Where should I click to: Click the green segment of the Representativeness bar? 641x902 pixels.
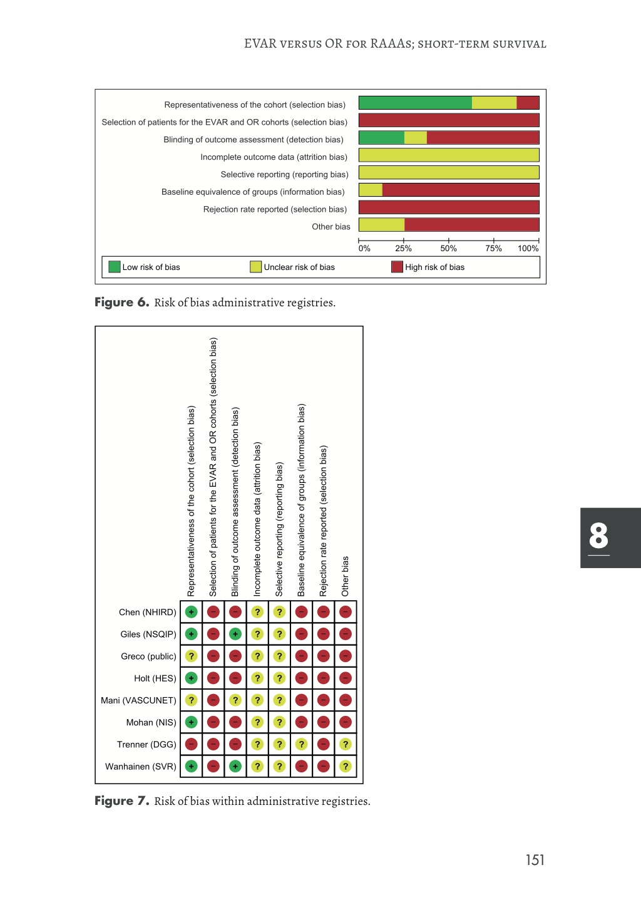tap(414, 103)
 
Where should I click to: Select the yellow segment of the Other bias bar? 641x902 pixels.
tap(381, 224)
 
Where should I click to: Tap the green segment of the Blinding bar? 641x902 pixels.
tap(381, 138)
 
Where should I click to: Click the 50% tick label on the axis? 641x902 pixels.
tap(448, 249)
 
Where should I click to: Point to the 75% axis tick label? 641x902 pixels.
tap(493, 249)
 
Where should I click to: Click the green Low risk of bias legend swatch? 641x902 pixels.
tap(115, 267)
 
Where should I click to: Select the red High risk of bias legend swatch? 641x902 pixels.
tap(397, 267)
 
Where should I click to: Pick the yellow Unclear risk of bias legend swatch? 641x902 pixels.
tap(255, 267)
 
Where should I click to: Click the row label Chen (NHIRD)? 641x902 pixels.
tap(148, 612)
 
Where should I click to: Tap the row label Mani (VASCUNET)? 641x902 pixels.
tap(138, 700)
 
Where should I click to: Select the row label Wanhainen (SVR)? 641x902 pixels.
tap(141, 766)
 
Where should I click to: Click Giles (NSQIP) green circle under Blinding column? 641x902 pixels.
tap(235, 634)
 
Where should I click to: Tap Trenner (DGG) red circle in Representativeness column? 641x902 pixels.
tap(192, 744)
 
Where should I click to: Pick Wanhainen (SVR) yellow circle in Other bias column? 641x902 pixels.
tap(346, 766)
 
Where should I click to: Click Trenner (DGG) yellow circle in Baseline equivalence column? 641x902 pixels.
tap(302, 744)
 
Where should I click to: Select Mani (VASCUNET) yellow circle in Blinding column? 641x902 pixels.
tap(235, 700)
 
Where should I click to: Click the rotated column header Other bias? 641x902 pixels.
tap(346, 576)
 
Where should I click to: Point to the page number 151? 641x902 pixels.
tap(535, 860)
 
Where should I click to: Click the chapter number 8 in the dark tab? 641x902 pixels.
tap(598, 536)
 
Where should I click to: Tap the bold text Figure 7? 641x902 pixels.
tap(122, 801)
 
